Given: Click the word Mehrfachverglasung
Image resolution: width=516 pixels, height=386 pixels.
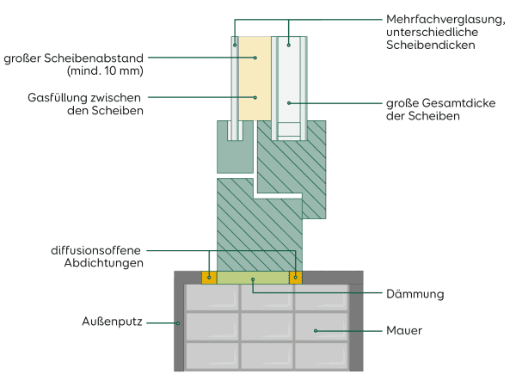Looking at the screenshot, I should (429, 18).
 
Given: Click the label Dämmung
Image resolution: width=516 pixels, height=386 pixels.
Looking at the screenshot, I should (414, 294).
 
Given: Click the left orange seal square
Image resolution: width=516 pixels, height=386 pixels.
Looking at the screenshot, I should (208, 277).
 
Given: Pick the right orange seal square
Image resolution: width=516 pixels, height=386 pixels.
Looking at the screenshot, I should (296, 277).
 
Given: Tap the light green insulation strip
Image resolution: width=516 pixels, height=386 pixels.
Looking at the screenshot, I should (252, 277).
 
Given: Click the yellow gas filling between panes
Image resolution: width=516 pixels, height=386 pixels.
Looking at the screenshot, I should (255, 82).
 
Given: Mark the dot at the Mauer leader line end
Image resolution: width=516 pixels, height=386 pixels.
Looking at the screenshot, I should (316, 329).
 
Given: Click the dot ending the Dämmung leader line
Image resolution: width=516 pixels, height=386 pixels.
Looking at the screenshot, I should (252, 279).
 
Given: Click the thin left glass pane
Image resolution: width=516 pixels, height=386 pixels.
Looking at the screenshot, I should (235, 86).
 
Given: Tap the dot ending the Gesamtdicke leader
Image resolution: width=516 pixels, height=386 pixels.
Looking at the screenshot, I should (289, 103).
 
